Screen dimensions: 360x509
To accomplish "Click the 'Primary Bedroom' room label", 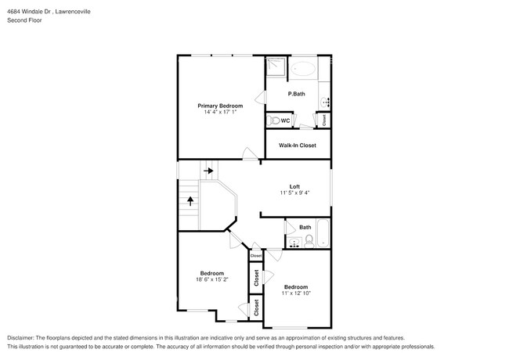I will pyautogui.click(x=219, y=106).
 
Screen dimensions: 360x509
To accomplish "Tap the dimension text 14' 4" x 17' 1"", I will pyautogui.click(x=219, y=113).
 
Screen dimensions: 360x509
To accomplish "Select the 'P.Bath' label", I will pyautogui.click(x=296, y=94).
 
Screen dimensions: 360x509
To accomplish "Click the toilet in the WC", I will pyautogui.click(x=273, y=121).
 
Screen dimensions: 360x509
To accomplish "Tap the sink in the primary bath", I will pyautogui.click(x=327, y=101).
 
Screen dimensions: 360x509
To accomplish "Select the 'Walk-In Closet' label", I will pyautogui.click(x=298, y=146).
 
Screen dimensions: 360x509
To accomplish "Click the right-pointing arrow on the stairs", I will pyautogui.click(x=209, y=169).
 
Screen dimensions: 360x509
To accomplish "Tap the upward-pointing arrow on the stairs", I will pyautogui.click(x=190, y=202).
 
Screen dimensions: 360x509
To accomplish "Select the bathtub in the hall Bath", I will pyautogui.click(x=322, y=234).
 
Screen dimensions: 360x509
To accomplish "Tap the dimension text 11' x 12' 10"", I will pyautogui.click(x=296, y=293).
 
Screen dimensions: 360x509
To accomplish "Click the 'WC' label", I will pyautogui.click(x=286, y=121).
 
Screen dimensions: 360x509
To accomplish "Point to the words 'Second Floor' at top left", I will pyautogui.click(x=25, y=20).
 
